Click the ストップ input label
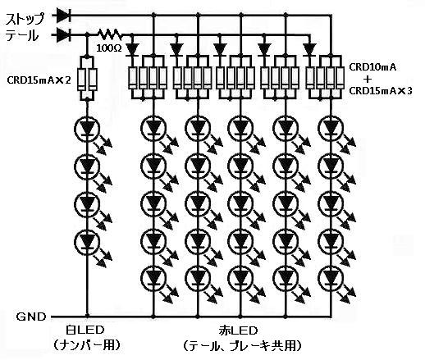coord(25,19)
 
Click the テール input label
coord(22,35)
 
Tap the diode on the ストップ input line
coord(64,15)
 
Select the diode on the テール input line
coord(64,35)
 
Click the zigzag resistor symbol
coord(110,34)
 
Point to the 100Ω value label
coord(109,48)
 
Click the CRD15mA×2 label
coord(39,80)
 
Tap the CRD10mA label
coord(372,67)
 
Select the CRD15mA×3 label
coord(381,91)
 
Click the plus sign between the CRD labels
coord(368,80)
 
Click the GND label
coord(31,317)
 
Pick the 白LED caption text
coord(85,330)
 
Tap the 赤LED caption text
coord(238,330)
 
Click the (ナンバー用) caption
coord(86,345)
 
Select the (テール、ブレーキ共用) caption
coord(242,346)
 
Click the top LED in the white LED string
coord(87,128)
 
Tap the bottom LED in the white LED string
coord(87,242)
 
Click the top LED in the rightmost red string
coord(331,128)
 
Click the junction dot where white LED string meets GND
coord(88,317)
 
